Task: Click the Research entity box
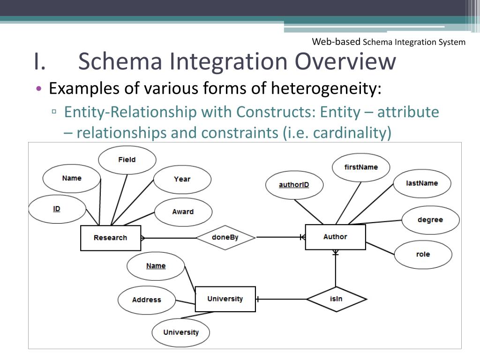coord(110,238)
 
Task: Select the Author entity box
coord(335,237)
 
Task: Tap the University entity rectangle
coord(225,299)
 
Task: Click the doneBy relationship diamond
coord(225,238)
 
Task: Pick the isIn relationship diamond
coord(336,299)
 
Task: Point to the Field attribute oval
coord(127,160)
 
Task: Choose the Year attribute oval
coord(182,179)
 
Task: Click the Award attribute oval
coord(182,212)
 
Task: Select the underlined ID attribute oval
coord(57,209)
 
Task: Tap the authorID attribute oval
coord(294,185)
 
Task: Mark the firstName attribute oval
coord(360,167)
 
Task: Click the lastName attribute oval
coord(422,183)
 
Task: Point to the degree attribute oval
coord(430,220)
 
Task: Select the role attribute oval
coord(423,255)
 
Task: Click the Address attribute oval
coord(146,300)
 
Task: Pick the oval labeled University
coord(181,333)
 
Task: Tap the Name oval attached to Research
coord(71,179)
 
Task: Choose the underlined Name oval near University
coord(156,266)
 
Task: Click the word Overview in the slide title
coord(345,62)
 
